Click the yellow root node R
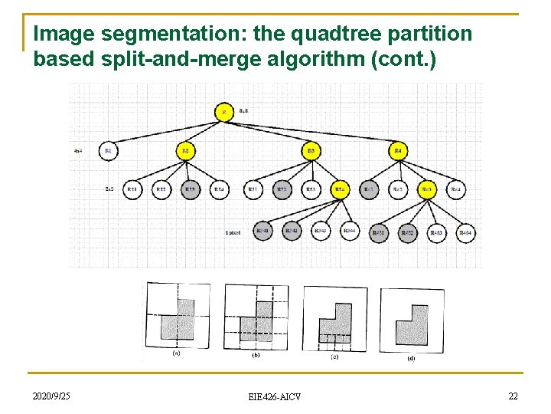224,112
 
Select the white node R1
109,151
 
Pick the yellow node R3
311,151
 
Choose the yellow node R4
398,151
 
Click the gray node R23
190,189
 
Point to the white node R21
132,189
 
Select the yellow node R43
426,189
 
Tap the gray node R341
262,231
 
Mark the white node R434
465,232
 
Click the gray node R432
406,232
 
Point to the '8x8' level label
243,111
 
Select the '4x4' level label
78,151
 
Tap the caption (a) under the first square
177,353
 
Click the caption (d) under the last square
412,356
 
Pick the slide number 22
513,396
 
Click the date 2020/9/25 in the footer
51,396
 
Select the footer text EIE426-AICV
275,396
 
